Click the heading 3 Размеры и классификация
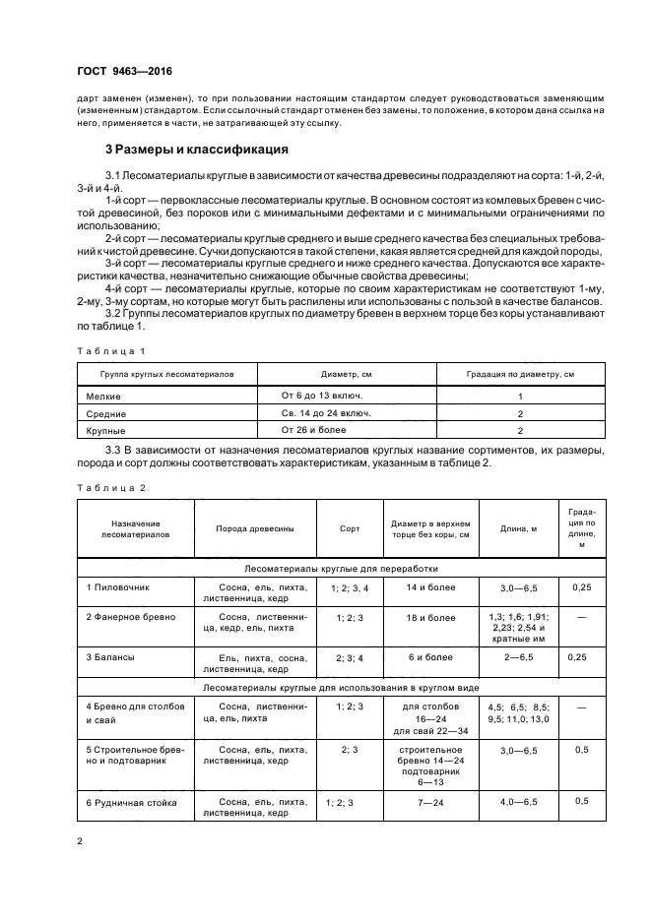(x=197, y=151)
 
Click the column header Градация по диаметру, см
(x=519, y=375)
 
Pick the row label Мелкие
(x=104, y=396)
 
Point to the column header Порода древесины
(x=255, y=528)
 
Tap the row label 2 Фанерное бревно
(x=131, y=617)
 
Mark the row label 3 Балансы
(x=111, y=655)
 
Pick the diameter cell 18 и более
(x=431, y=617)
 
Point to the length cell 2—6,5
(x=518, y=655)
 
